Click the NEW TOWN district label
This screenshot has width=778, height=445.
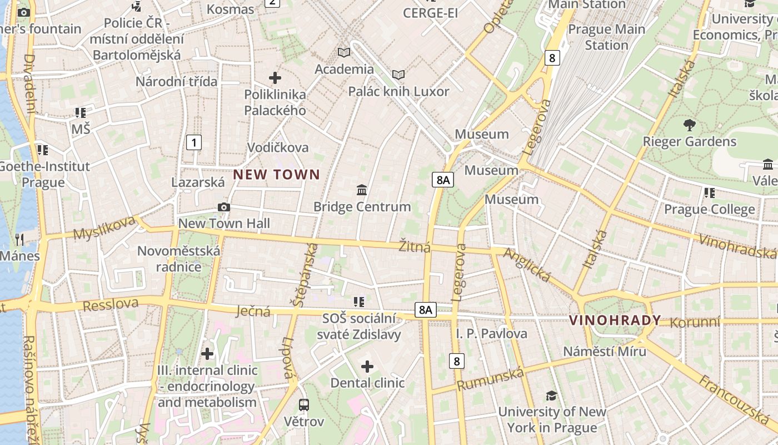point(276,175)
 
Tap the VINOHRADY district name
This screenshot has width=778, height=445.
point(615,320)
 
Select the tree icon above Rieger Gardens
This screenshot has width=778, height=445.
point(689,125)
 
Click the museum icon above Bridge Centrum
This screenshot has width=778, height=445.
point(362,190)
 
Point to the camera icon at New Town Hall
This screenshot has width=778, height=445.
point(224,207)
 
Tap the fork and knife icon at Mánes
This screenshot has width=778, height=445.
point(19,240)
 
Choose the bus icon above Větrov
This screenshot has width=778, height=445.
point(303,404)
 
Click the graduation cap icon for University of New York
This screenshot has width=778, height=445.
point(551,395)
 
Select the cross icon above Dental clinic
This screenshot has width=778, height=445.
point(367,367)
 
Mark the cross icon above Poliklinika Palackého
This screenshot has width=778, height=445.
point(275,78)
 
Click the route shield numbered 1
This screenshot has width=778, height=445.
point(193,142)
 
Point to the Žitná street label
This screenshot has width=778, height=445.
point(415,246)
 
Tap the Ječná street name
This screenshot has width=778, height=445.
point(253,310)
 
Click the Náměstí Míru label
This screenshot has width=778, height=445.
point(605,352)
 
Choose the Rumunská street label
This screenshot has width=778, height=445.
point(491,379)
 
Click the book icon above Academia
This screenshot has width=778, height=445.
point(344,53)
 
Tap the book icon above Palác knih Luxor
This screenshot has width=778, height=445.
point(398,75)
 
